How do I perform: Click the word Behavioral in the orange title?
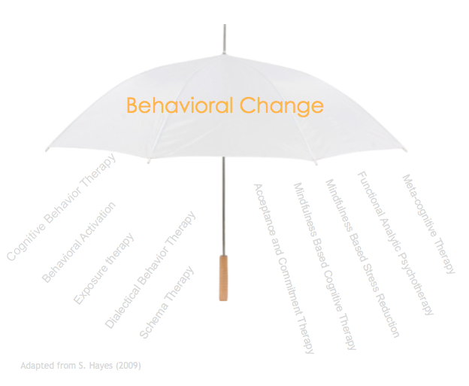click(x=180, y=105)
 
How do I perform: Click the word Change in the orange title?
click(x=282, y=106)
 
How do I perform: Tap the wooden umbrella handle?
click(x=223, y=278)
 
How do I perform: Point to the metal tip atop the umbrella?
click(x=225, y=39)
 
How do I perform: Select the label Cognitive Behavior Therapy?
click(x=62, y=207)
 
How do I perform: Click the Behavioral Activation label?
click(x=79, y=242)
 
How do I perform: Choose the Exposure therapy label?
click(x=104, y=269)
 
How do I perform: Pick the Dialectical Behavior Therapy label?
click(x=150, y=269)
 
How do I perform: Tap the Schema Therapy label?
click(x=167, y=302)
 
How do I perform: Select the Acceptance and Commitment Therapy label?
click(x=284, y=269)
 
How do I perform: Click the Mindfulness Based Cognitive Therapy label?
click(x=325, y=266)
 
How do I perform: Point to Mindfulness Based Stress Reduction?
click(x=362, y=258)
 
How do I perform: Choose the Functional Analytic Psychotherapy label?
click(x=395, y=243)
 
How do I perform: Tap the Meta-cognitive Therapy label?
click(x=428, y=224)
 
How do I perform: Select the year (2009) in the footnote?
click(x=129, y=366)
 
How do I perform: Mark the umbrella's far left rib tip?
click(x=47, y=150)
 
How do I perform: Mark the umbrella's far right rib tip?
click(x=406, y=150)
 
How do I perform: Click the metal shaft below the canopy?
click(x=223, y=206)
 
